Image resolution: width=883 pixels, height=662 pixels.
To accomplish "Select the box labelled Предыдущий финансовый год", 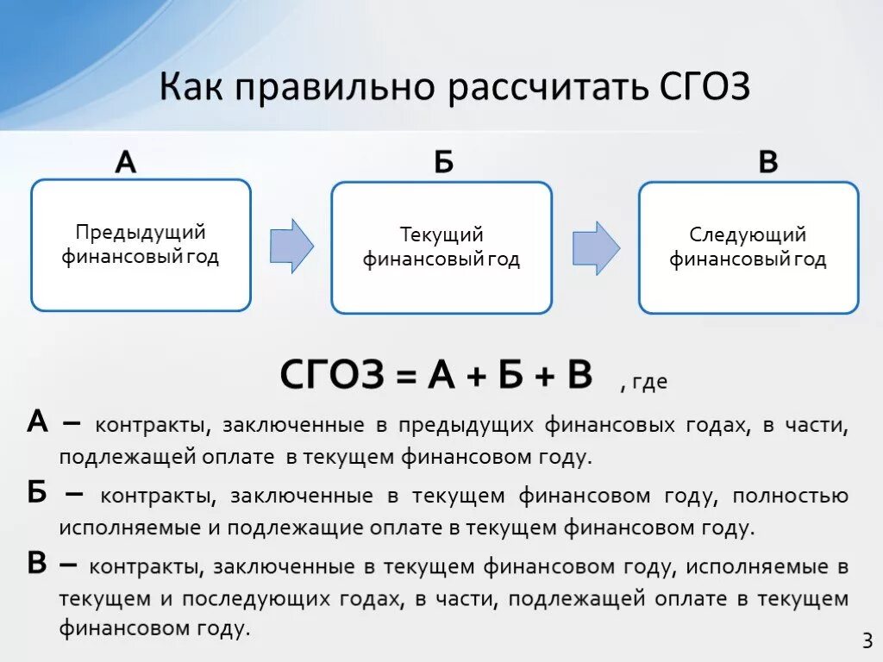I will [141, 245].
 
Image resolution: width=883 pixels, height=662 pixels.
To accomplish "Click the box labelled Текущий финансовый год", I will [441, 247].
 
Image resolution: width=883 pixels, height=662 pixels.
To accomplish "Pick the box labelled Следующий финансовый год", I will [748, 247].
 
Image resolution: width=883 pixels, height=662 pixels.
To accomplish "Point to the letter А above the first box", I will [126, 161].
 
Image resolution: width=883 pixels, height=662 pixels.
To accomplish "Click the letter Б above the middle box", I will [443, 161].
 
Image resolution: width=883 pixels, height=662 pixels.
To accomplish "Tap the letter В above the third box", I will [767, 161].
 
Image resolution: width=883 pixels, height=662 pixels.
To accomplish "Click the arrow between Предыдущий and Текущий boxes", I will [291, 246].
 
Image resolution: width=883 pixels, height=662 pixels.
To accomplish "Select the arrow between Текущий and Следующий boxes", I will [596, 247].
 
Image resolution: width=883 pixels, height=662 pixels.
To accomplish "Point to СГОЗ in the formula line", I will [331, 376].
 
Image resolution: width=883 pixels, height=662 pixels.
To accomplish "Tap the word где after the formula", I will [649, 382].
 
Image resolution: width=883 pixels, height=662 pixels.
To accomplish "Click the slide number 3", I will [867, 640].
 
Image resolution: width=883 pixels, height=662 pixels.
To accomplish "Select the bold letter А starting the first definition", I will [37, 422].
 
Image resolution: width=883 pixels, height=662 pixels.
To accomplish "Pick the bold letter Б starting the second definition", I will [37, 493].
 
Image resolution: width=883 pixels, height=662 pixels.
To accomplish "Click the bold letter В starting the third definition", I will [37, 563].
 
